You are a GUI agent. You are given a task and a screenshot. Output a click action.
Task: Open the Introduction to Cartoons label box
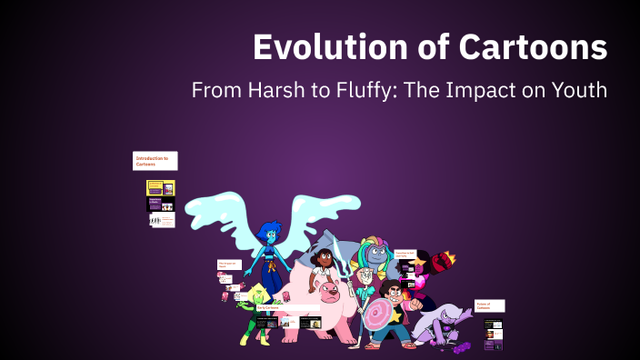[x=155, y=161]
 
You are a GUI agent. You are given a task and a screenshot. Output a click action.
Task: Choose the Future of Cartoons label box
[x=489, y=306]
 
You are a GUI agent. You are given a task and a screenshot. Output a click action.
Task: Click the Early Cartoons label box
[x=267, y=308]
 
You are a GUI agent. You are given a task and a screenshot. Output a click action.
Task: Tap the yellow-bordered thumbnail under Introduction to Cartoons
[x=161, y=188]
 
